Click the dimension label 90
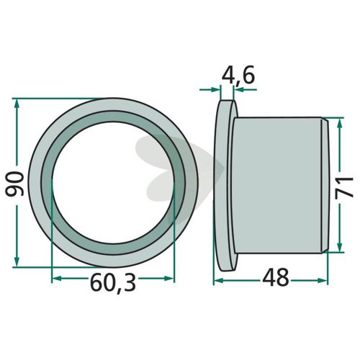tap(14, 184)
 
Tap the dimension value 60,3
tap(113, 282)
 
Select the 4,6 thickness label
tap(238, 76)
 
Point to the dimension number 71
tap(344, 187)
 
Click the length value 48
tap(276, 277)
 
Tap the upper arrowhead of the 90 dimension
tap(17, 104)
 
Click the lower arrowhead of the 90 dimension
tap(17, 261)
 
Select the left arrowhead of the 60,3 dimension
tap(57, 279)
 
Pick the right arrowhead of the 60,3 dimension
tap(169, 279)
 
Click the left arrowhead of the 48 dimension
tap(219, 280)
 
